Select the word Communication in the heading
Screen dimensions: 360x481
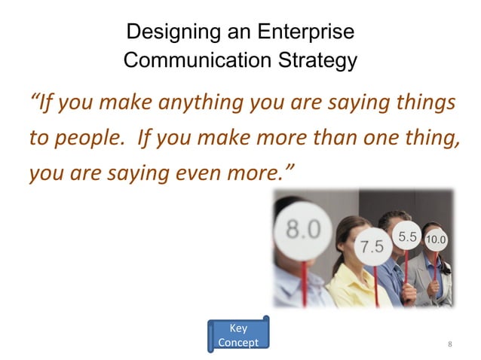pyautogui.click(x=197, y=60)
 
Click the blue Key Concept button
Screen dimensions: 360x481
pyautogui.click(x=237, y=335)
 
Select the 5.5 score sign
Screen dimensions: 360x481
pyautogui.click(x=408, y=236)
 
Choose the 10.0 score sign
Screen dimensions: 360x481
pyautogui.click(x=436, y=240)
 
